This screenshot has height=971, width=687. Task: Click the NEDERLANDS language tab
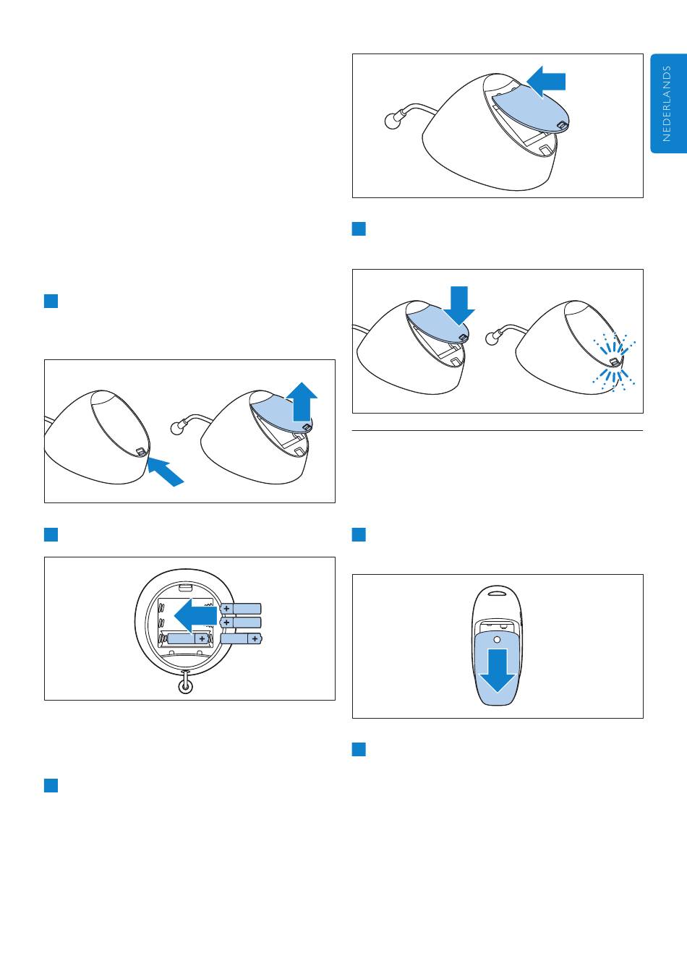668,103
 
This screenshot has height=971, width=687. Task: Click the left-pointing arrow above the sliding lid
546,82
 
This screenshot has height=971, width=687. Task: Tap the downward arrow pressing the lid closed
459,305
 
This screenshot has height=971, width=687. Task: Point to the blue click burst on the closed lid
614,362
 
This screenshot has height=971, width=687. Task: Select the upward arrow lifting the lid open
302,401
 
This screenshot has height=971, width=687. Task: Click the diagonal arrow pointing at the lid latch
166,473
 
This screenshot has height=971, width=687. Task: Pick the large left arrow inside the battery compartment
195,615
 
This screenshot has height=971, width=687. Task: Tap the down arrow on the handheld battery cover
497,670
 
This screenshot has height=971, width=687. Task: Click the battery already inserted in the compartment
188,638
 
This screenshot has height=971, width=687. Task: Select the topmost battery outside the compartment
241,609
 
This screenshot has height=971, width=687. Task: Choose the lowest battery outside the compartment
241,638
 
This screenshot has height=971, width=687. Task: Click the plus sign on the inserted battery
202,638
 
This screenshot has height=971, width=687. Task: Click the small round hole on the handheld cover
497,640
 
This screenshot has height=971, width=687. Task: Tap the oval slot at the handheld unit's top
497,591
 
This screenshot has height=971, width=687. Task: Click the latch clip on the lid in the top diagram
562,125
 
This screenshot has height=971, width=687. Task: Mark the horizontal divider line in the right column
497,431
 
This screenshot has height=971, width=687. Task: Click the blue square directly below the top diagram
359,229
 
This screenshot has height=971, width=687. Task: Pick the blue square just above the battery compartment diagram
51,534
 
